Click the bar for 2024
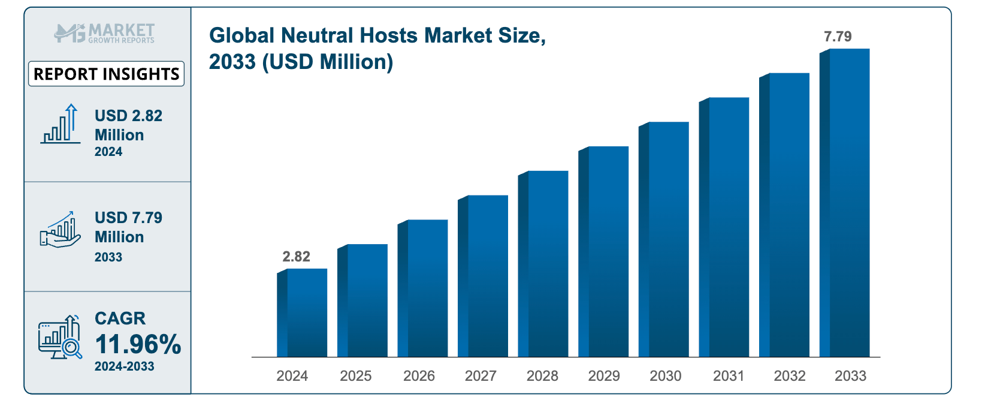click(x=303, y=313)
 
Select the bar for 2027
click(x=484, y=276)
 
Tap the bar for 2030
click(x=664, y=240)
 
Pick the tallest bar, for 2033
click(x=845, y=203)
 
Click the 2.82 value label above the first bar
click(x=296, y=257)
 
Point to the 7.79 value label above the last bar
click(x=838, y=37)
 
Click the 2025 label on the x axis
click(x=355, y=376)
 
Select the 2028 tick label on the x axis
click(x=542, y=376)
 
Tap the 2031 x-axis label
click(x=729, y=376)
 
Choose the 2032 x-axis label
click(x=790, y=376)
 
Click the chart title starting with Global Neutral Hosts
click(x=377, y=49)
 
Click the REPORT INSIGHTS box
click(x=107, y=74)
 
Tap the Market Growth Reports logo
click(x=105, y=33)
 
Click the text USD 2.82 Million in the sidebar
click(x=128, y=125)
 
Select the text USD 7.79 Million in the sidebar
click(x=128, y=227)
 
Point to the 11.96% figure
click(x=138, y=344)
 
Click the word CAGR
click(x=120, y=318)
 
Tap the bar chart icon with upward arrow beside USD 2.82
click(x=61, y=124)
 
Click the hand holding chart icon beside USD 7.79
click(x=60, y=230)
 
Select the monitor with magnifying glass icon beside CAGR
click(x=60, y=337)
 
